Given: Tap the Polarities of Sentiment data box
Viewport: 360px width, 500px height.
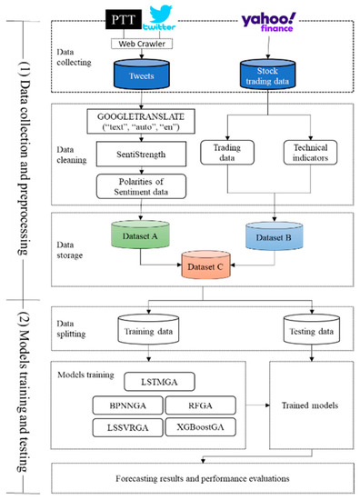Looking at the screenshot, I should [x=137, y=189].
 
